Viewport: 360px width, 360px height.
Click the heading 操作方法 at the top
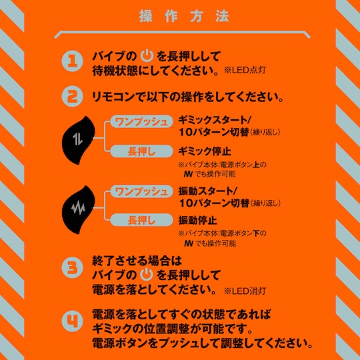pos(184,16)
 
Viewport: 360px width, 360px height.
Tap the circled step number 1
pos(73,61)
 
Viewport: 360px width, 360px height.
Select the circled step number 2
pos(73,96)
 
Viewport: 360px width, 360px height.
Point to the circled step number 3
pos(73,268)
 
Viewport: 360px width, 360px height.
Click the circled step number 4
pos(73,321)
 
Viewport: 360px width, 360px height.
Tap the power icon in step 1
pos(147,55)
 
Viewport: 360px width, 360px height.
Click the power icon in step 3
pos(147,274)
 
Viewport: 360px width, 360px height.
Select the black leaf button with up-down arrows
pos(78,140)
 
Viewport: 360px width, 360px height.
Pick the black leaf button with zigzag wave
pos(78,209)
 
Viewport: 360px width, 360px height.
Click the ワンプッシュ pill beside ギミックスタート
pos(141,121)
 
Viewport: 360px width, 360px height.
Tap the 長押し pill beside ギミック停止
pos(141,151)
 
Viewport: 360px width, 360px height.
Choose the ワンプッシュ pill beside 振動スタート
pos(141,191)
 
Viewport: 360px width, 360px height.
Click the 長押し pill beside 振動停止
pos(141,220)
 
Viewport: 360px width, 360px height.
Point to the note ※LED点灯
pos(245,70)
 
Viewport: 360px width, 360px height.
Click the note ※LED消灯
pos(245,291)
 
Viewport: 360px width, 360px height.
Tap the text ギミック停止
pos(205,151)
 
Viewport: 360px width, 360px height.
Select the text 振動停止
pos(198,220)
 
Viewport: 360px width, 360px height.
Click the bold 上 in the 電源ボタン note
pos(256,165)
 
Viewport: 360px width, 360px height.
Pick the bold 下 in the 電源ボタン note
pos(256,233)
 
